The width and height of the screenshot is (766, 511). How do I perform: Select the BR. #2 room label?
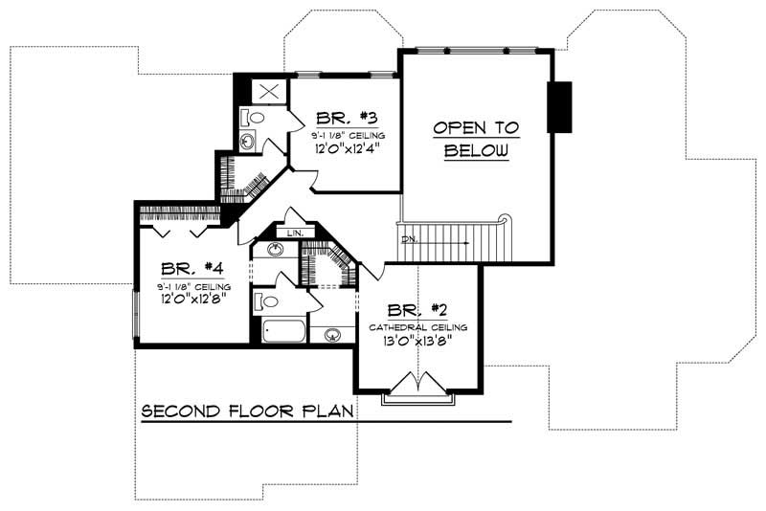pos(417,310)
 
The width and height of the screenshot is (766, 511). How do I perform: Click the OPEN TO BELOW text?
pos(475,139)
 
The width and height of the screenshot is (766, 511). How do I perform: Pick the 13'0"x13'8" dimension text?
pos(417,340)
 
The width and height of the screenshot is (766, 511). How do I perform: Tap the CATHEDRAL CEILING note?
pos(417,326)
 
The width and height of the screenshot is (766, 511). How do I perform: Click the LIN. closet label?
pos(293,231)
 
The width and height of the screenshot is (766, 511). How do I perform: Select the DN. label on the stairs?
pos(409,238)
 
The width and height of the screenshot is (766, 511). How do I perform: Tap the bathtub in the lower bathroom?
pos(282,332)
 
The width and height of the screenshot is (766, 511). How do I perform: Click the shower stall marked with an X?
pos(268,92)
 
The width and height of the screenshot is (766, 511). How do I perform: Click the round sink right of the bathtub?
pos(332,334)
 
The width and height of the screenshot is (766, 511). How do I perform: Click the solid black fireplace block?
pos(558,106)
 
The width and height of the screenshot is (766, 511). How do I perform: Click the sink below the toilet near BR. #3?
pos(247,143)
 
